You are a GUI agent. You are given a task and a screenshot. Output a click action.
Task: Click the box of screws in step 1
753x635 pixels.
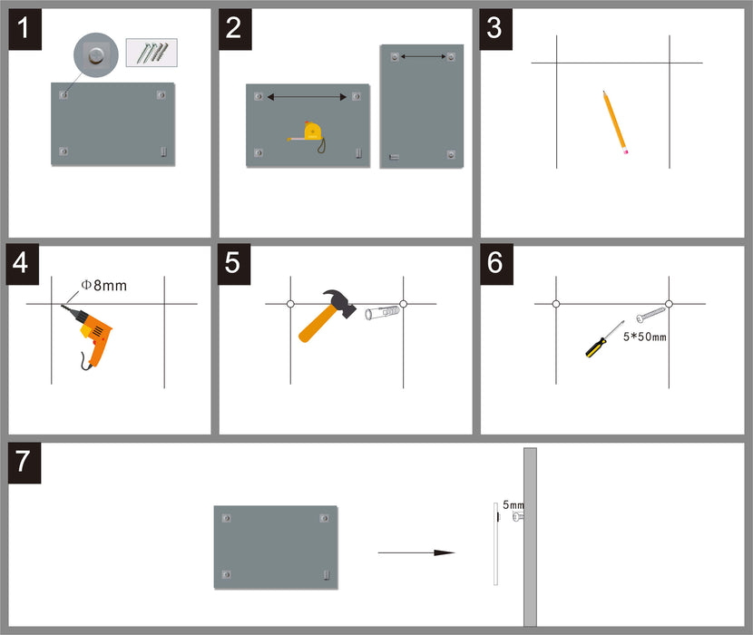tap(152, 52)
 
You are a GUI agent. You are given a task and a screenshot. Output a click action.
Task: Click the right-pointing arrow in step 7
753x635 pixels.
tap(416, 552)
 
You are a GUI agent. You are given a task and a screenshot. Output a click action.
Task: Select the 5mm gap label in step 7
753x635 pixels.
tap(513, 503)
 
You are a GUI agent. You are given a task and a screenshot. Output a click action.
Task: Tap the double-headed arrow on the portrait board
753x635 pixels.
tap(423, 56)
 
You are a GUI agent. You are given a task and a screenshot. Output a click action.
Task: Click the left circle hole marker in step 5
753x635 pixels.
tap(290, 304)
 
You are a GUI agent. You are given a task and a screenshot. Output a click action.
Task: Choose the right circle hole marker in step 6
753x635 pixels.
tap(669, 304)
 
